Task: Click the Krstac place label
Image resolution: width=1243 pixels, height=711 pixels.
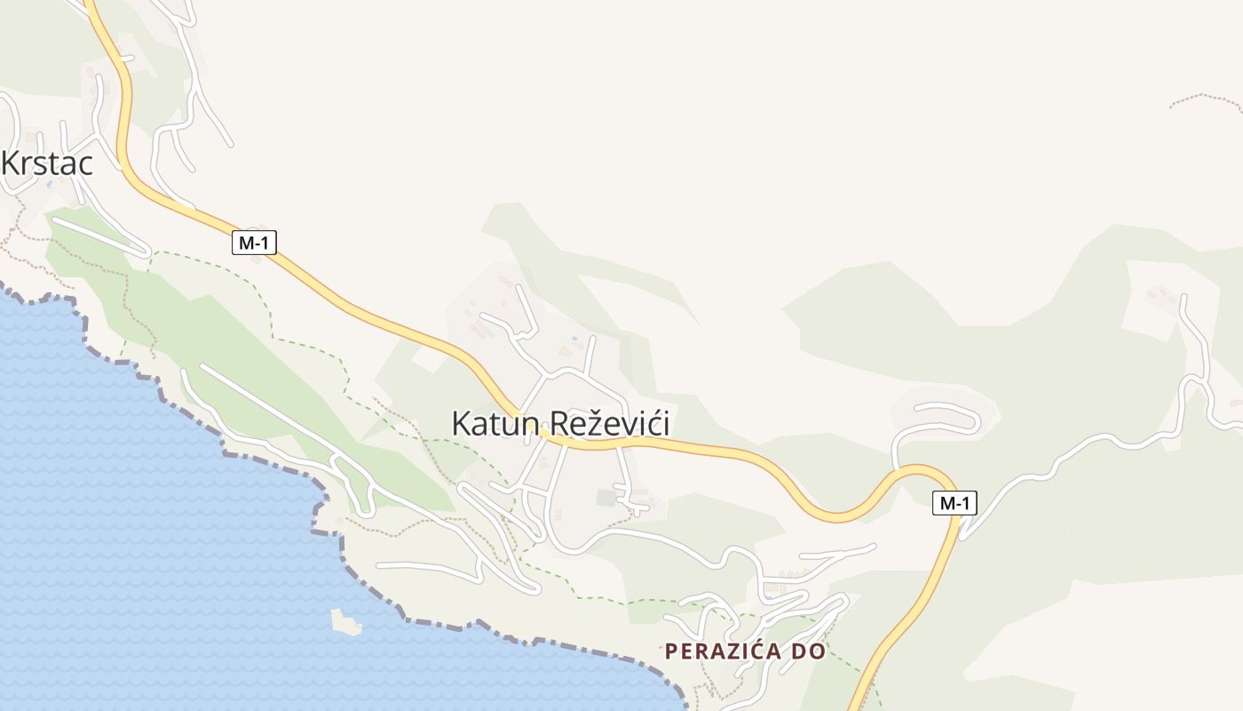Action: click(48, 164)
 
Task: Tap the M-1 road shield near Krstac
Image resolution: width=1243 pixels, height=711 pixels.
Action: click(254, 242)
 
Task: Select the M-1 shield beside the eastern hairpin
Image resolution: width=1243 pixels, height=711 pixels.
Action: click(954, 503)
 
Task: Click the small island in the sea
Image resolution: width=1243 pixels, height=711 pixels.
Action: click(345, 621)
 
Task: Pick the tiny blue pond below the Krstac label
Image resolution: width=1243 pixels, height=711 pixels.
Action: click(50, 184)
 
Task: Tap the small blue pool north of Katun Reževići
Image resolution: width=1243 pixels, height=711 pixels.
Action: click(574, 339)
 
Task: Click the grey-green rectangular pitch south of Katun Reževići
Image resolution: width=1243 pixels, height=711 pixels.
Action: click(606, 498)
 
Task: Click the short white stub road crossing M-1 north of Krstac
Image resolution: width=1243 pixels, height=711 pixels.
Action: click(124, 59)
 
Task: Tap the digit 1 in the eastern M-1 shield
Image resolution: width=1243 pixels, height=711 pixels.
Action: click(966, 503)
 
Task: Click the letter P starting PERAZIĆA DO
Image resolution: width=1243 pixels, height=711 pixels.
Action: click(671, 651)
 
